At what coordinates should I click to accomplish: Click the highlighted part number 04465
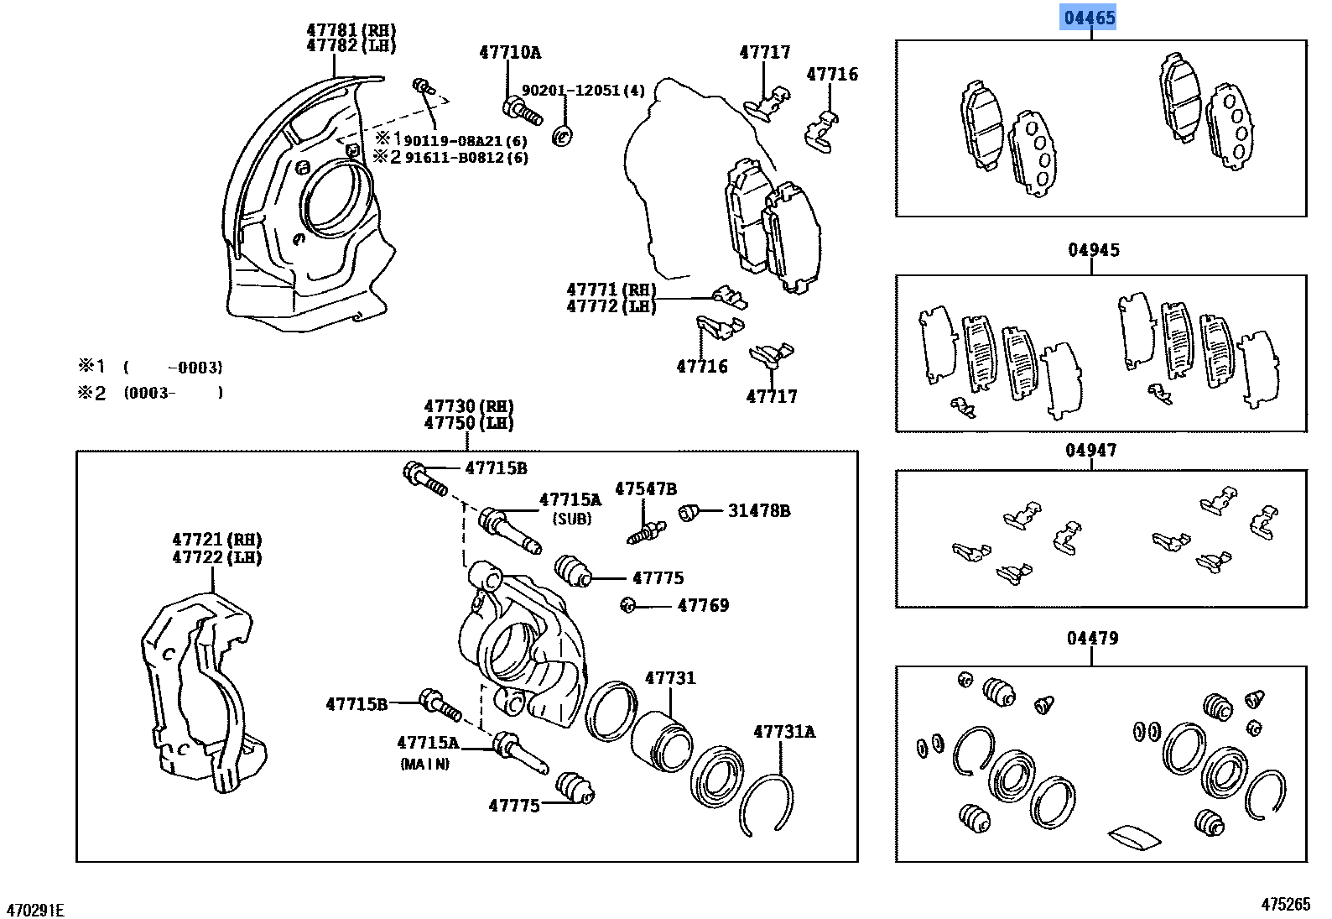(x=1090, y=18)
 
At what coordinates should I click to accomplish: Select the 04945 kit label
(x=1093, y=250)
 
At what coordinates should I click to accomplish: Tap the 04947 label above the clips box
(x=1090, y=451)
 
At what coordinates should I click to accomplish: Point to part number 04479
(x=1092, y=639)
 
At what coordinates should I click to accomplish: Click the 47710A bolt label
(x=510, y=53)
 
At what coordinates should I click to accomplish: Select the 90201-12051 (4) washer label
(x=583, y=91)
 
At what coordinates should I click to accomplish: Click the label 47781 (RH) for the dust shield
(x=351, y=31)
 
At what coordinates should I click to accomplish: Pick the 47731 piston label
(x=670, y=678)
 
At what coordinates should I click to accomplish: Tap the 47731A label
(x=783, y=732)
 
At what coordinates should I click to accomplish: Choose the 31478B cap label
(x=758, y=511)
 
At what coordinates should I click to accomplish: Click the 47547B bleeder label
(x=645, y=489)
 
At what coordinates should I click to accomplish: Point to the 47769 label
(x=703, y=606)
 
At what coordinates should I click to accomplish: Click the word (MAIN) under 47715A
(x=424, y=765)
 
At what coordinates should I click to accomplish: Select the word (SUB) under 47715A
(x=571, y=520)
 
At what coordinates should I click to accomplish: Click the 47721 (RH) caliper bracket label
(x=216, y=540)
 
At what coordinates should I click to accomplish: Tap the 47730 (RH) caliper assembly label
(x=468, y=407)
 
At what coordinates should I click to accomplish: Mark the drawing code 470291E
(x=35, y=910)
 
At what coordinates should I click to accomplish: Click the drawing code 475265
(x=1285, y=904)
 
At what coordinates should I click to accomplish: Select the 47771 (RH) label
(x=611, y=290)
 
